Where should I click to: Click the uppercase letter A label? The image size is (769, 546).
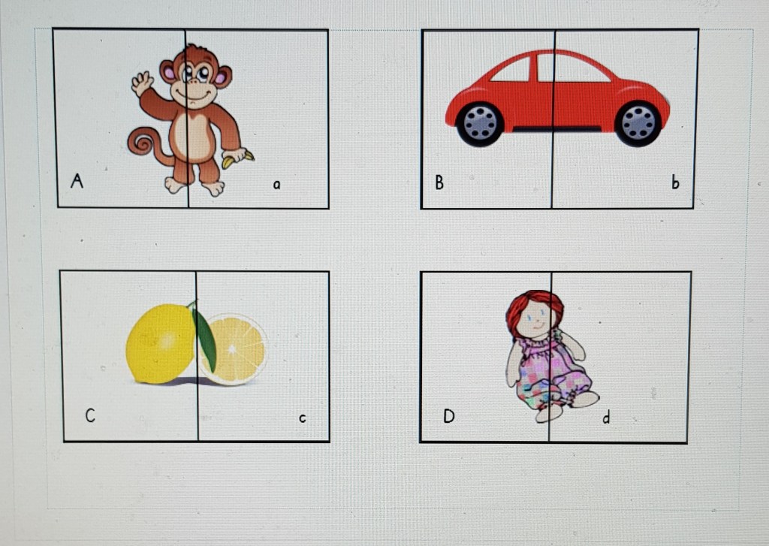tap(77, 180)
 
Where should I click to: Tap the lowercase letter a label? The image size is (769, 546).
tap(276, 185)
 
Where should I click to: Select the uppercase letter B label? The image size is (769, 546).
tap(439, 182)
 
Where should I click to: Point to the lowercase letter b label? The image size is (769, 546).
tap(675, 182)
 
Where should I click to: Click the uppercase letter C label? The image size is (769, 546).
tap(90, 415)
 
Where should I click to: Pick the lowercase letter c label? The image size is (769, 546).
tap(303, 418)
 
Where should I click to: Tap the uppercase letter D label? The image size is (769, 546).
tap(449, 416)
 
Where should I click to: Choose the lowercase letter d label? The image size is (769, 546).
tap(607, 417)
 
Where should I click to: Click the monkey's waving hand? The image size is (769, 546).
tap(142, 83)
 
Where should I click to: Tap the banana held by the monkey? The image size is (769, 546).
tap(238, 158)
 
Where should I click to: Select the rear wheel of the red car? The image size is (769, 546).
tap(480, 124)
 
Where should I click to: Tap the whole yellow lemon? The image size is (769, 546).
tap(161, 343)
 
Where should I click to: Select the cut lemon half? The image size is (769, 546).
tap(235, 350)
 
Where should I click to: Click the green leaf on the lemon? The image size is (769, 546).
tap(204, 338)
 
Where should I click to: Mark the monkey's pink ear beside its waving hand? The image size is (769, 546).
tap(168, 72)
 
